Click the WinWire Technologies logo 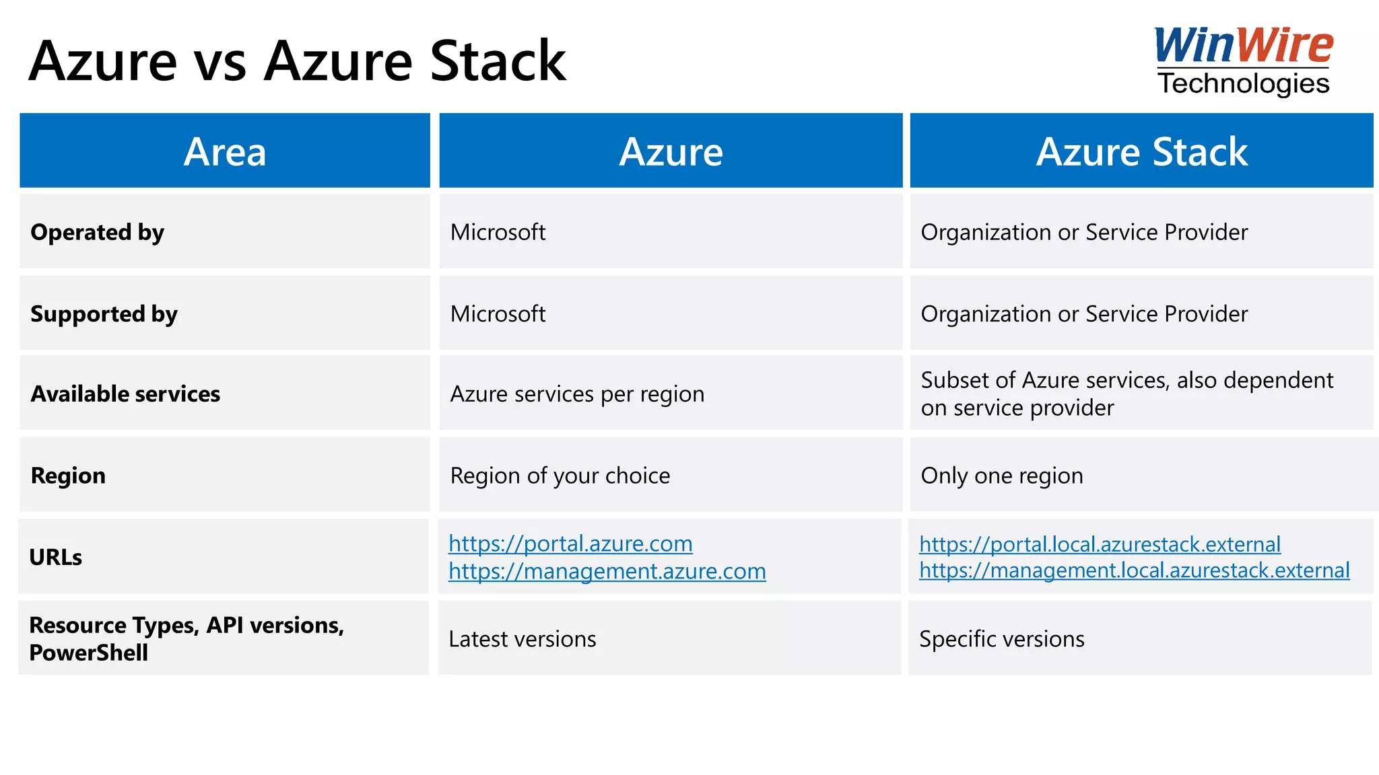click(1243, 61)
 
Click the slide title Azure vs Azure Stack click(297, 61)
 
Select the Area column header click(225, 151)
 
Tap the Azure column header click(671, 151)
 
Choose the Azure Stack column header click(1141, 151)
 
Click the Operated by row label click(98, 232)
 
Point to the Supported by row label click(104, 314)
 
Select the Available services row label click(126, 394)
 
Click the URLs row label click(56, 558)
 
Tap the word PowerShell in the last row click(89, 653)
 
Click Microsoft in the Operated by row click(498, 232)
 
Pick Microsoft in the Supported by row click(498, 314)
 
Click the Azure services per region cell click(577, 394)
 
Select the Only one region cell click(1002, 476)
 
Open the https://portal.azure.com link click(570, 544)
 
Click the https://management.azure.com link click(607, 571)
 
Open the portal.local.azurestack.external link click(1100, 544)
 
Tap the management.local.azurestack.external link click(1135, 570)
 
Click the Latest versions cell click(523, 639)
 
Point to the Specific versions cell click(1002, 639)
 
